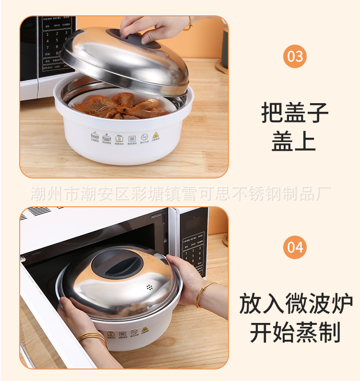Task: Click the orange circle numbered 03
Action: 295,57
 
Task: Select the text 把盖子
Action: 295,113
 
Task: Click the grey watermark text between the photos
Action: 180,194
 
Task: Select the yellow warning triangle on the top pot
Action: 156,137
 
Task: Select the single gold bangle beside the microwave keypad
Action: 204,294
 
